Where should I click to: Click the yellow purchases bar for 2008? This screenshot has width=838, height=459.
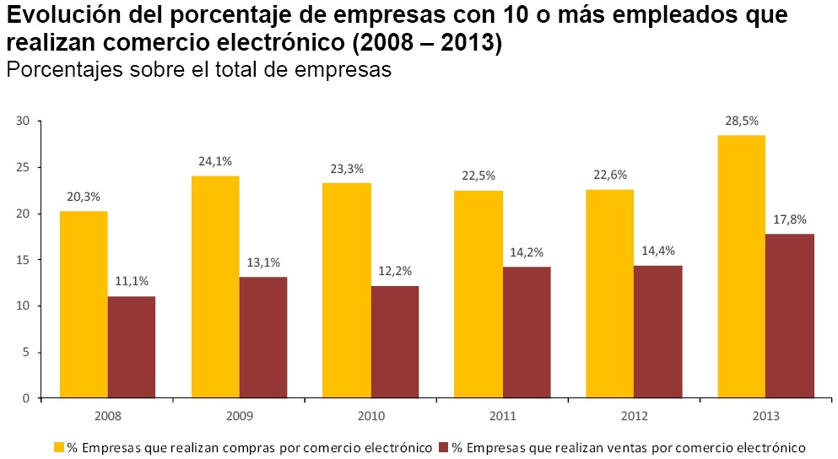pyautogui.click(x=84, y=304)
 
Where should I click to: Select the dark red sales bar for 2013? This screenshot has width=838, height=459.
pyautogui.click(x=790, y=316)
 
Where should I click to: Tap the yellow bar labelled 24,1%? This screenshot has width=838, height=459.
pyautogui.click(x=215, y=287)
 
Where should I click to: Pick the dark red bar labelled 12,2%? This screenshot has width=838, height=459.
pyautogui.click(x=394, y=342)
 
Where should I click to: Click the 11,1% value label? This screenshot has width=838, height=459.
pyautogui.click(x=132, y=282)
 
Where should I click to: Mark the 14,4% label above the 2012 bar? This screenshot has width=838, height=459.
pyautogui.click(x=658, y=251)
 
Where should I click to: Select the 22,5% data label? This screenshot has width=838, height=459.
pyautogui.click(x=478, y=175)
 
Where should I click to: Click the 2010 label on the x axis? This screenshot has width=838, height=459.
pyautogui.click(x=371, y=416)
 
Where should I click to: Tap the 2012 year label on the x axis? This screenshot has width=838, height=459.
pyautogui.click(x=634, y=416)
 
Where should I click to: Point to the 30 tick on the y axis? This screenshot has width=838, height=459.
pyautogui.click(x=23, y=121)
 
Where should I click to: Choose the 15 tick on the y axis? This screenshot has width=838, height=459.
pyautogui.click(x=23, y=260)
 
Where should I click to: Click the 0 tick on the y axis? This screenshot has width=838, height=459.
pyautogui.click(x=26, y=398)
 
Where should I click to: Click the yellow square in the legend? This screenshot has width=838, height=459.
pyautogui.click(x=59, y=445)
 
